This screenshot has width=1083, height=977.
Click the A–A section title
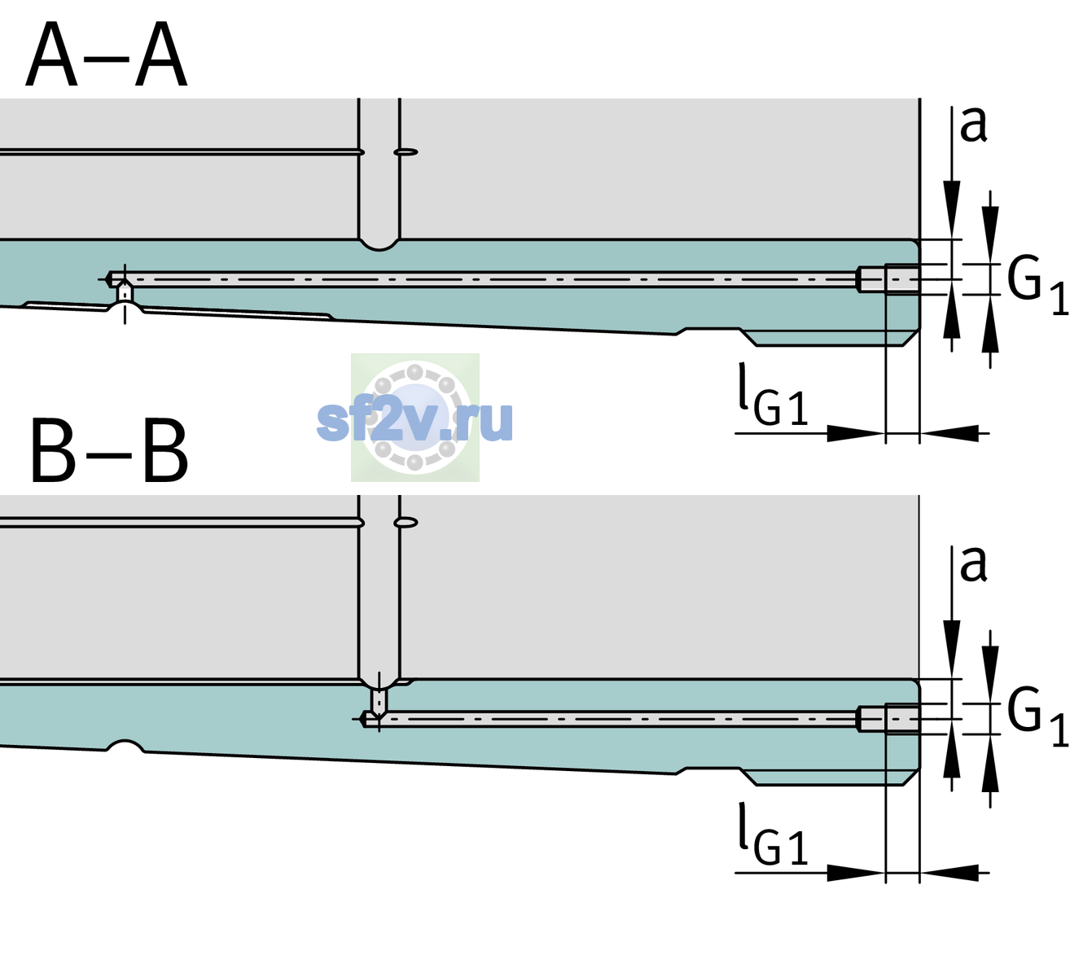pyautogui.click(x=107, y=55)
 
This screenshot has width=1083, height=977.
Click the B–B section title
pyautogui.click(x=110, y=451)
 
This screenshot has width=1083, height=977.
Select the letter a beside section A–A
pyautogui.click(x=973, y=125)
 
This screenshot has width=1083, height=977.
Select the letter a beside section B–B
pyautogui.click(x=973, y=564)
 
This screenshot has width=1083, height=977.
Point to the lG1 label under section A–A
pyautogui.click(x=773, y=395)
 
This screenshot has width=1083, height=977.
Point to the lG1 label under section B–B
pyautogui.click(x=773, y=835)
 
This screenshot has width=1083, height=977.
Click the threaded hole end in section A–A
pyautogui.click(x=888, y=279)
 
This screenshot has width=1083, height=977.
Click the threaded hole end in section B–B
pyautogui.click(x=888, y=719)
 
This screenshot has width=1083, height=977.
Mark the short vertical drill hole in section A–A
pyautogui.click(x=125, y=292)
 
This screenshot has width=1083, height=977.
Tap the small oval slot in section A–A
pyautogui.click(x=406, y=152)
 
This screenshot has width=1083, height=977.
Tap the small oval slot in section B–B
pyautogui.click(x=406, y=523)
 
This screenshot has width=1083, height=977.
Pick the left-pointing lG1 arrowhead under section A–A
pyautogui.click(x=949, y=433)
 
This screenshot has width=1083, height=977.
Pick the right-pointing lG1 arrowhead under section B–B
pyautogui.click(x=857, y=873)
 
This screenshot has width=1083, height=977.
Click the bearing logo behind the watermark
pyautogui.click(x=414, y=417)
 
